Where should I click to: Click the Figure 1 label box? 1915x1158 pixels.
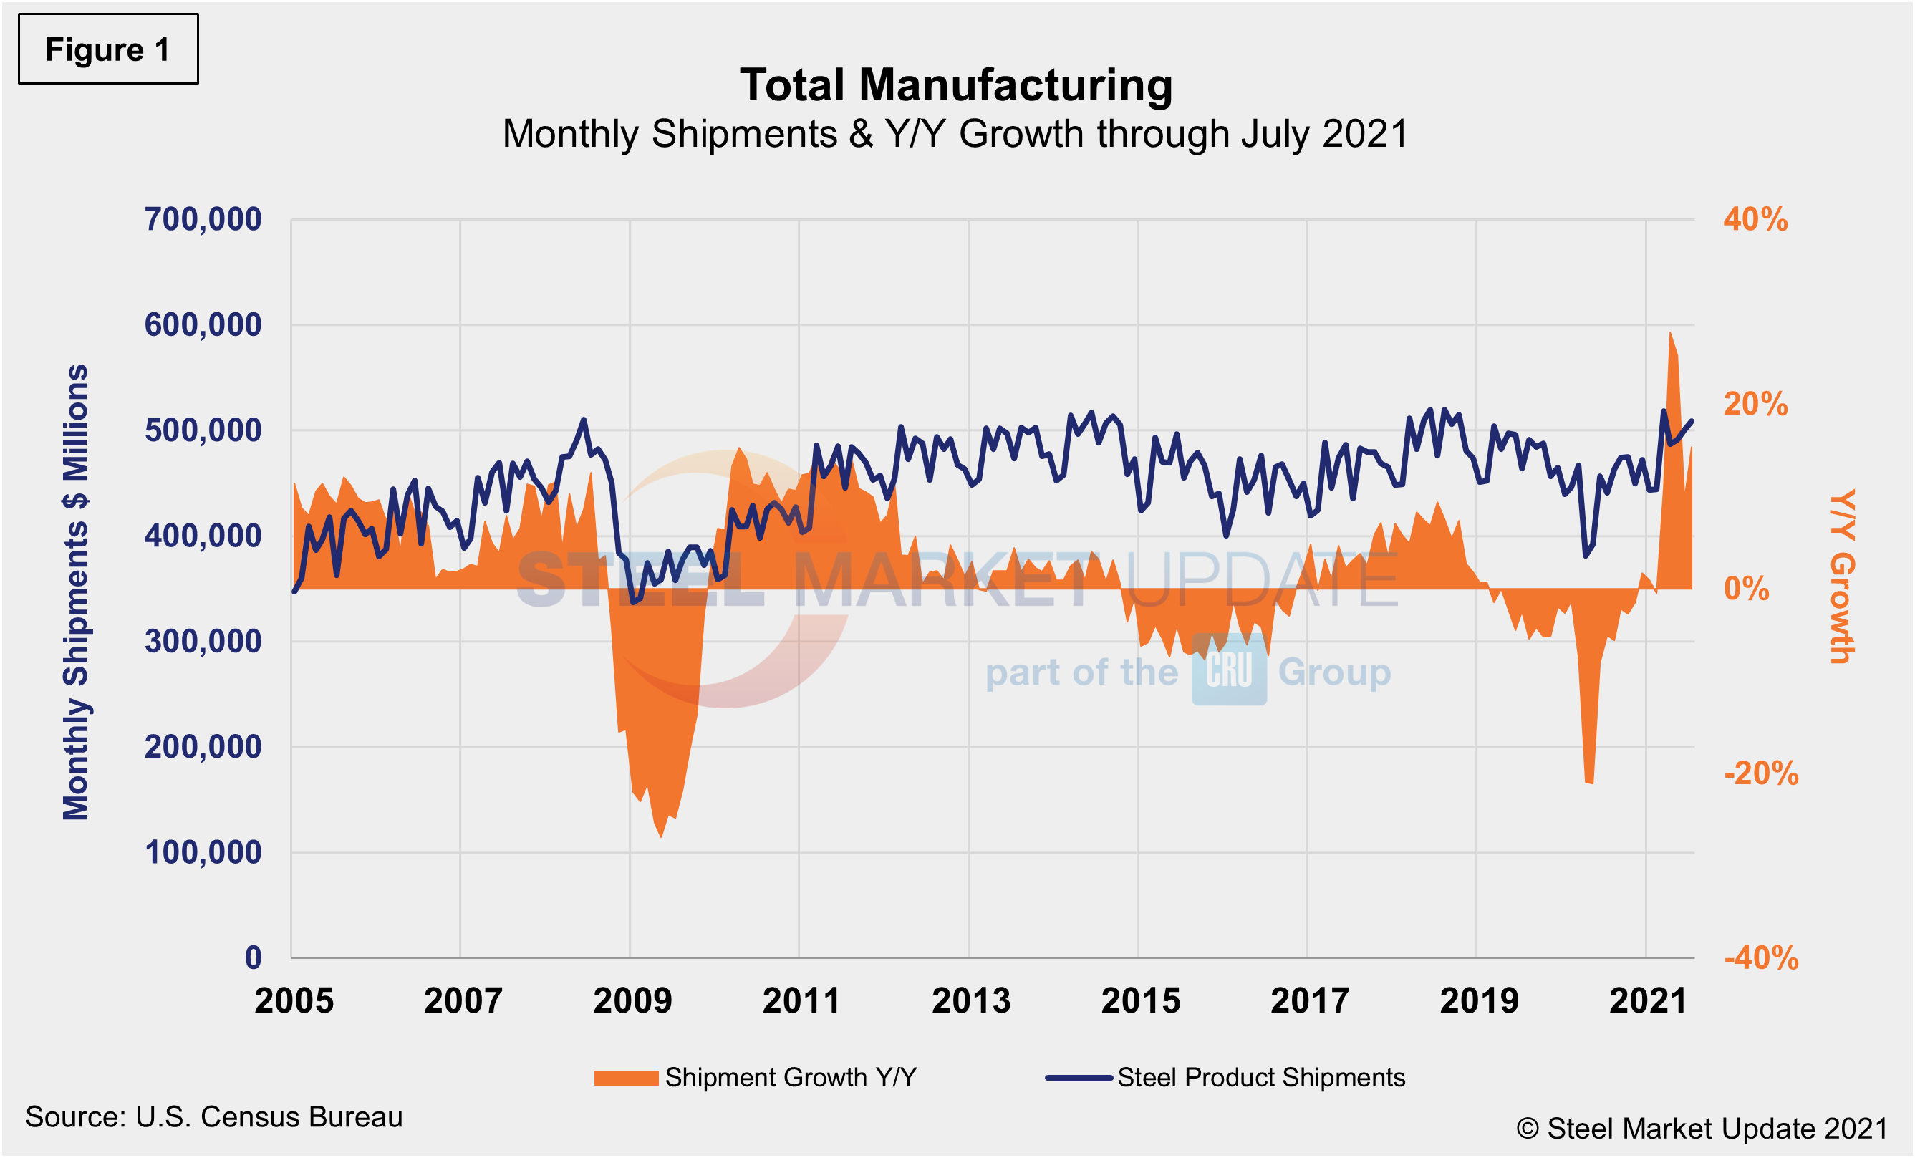click(x=108, y=49)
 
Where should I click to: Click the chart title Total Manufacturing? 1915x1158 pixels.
click(x=956, y=85)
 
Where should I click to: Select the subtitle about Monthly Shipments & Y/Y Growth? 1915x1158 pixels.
click(x=955, y=135)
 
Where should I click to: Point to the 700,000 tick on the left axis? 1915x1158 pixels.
click(x=203, y=220)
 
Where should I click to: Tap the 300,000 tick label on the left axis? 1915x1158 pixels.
click(x=203, y=642)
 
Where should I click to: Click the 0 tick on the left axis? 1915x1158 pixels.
click(x=254, y=957)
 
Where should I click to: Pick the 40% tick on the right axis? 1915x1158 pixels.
click(x=1755, y=220)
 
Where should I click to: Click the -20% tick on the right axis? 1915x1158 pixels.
click(x=1760, y=774)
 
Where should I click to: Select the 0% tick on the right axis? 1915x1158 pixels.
click(x=1745, y=589)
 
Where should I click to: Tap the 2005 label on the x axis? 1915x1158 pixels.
click(x=294, y=1001)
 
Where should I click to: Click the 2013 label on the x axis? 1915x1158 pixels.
click(x=970, y=1001)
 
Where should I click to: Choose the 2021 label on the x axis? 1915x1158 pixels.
click(x=1648, y=1001)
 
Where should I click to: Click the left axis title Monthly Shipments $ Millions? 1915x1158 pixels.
click(x=76, y=592)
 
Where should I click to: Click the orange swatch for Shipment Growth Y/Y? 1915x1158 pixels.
click(x=626, y=1078)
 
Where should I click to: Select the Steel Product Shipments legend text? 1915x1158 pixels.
click(x=1260, y=1078)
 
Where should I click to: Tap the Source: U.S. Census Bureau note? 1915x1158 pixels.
click(x=213, y=1118)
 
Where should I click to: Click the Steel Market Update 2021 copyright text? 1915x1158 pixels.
click(x=1702, y=1129)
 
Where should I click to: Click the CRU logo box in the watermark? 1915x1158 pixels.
click(x=1229, y=670)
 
